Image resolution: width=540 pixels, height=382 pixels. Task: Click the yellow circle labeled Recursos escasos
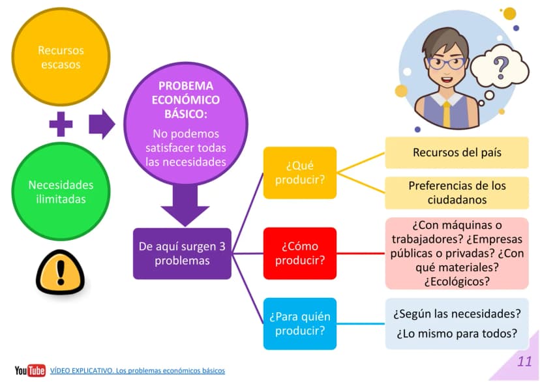tap(61, 57)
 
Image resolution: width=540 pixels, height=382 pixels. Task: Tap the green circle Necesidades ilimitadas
tap(61, 192)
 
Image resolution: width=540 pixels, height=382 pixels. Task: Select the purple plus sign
tap(61, 124)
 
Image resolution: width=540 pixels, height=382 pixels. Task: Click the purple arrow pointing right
tap(102, 124)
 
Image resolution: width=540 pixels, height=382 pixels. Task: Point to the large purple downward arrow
tap(185, 205)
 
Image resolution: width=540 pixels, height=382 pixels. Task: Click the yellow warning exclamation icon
tap(61, 272)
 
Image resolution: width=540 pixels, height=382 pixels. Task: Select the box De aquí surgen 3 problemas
tap(182, 254)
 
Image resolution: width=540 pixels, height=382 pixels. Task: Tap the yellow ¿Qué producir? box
tap(300, 173)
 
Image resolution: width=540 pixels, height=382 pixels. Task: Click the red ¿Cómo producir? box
tap(300, 254)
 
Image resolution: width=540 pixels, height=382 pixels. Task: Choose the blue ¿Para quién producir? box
tap(300, 324)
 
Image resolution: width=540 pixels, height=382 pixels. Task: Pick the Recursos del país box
tap(457, 153)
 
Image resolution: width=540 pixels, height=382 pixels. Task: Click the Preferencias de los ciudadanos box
tap(457, 193)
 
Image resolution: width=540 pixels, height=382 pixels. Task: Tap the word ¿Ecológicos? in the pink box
tap(457, 282)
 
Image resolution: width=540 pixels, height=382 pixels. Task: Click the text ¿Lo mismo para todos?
tap(457, 334)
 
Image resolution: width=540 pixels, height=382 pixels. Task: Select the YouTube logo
tap(30, 370)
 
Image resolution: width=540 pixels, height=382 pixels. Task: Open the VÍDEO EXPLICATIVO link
tap(138, 371)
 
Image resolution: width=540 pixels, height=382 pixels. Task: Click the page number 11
tap(524, 362)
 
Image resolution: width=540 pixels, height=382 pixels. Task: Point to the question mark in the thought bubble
tap(501, 67)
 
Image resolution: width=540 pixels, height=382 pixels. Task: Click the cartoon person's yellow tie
tap(447, 114)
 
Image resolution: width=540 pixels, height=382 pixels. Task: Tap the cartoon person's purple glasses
tap(447, 64)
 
